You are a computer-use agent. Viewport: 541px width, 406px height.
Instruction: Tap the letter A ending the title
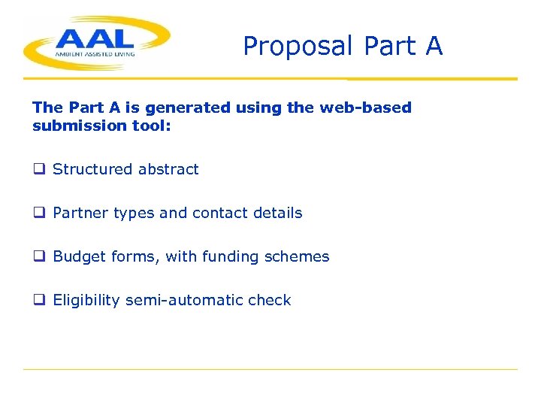434,46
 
